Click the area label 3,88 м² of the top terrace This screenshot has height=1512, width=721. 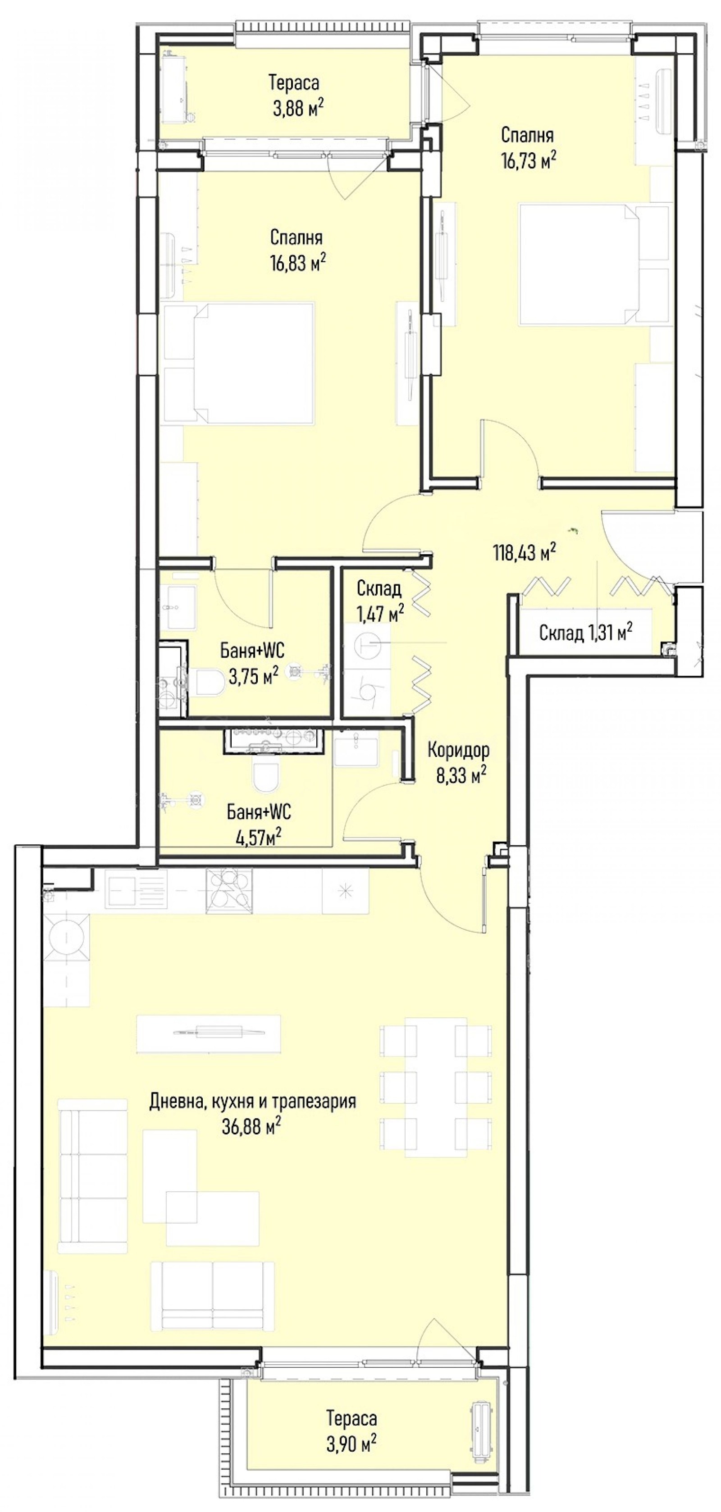click(298, 108)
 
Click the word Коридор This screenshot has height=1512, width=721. click(459, 750)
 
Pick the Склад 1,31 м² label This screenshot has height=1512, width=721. click(585, 632)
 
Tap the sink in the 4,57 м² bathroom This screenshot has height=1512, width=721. click(356, 752)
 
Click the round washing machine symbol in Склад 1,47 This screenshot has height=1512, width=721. click(368, 645)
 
